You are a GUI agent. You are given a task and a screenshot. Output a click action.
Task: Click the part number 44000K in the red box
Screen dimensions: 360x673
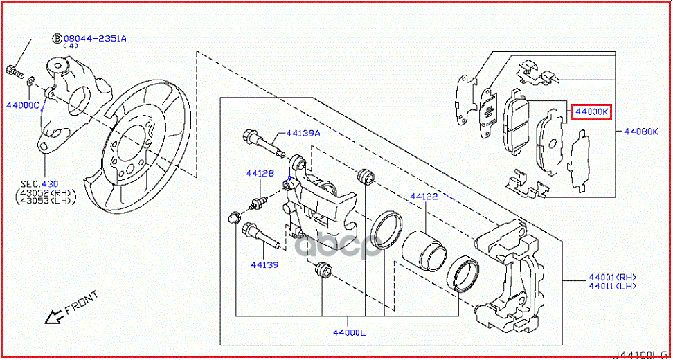590,111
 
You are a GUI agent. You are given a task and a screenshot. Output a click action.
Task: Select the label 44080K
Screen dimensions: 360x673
640,130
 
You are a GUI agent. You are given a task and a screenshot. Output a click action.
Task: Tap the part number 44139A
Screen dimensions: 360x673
304,134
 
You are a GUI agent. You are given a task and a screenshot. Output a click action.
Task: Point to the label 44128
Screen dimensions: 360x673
261,174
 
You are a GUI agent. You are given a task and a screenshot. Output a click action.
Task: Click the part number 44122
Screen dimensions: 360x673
423,197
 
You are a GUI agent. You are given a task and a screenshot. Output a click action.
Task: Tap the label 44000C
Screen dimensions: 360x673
23,105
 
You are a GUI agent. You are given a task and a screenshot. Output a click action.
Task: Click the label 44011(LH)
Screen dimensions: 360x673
611,286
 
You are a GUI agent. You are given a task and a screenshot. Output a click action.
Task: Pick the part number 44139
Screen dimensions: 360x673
264,264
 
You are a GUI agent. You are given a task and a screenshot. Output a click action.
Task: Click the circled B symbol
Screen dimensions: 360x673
57,39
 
